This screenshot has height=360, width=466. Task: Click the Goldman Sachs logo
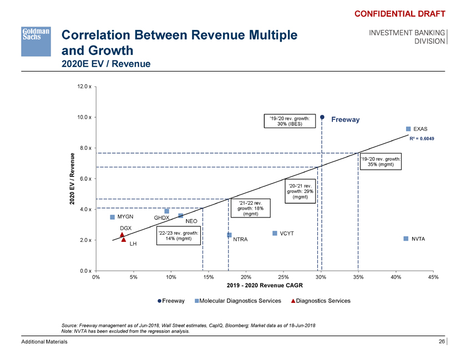pyautogui.click(x=36, y=40)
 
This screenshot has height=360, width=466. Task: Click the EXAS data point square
pyautogui.click(x=409, y=129)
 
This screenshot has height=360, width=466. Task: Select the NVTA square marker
pyautogui.click(x=406, y=239)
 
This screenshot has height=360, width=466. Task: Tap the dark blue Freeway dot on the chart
pyautogui.click(x=322, y=117)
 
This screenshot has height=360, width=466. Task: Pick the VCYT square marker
pyautogui.click(x=275, y=233)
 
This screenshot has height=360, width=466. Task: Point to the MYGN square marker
pyautogui.click(x=112, y=217)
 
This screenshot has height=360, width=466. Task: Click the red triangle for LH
pyautogui.click(x=124, y=240)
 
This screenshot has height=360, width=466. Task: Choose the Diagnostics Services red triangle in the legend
pyautogui.click(x=294, y=301)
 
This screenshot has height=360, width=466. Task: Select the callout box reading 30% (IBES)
pyautogui.click(x=286, y=121)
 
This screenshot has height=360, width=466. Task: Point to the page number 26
pyautogui.click(x=442, y=342)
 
